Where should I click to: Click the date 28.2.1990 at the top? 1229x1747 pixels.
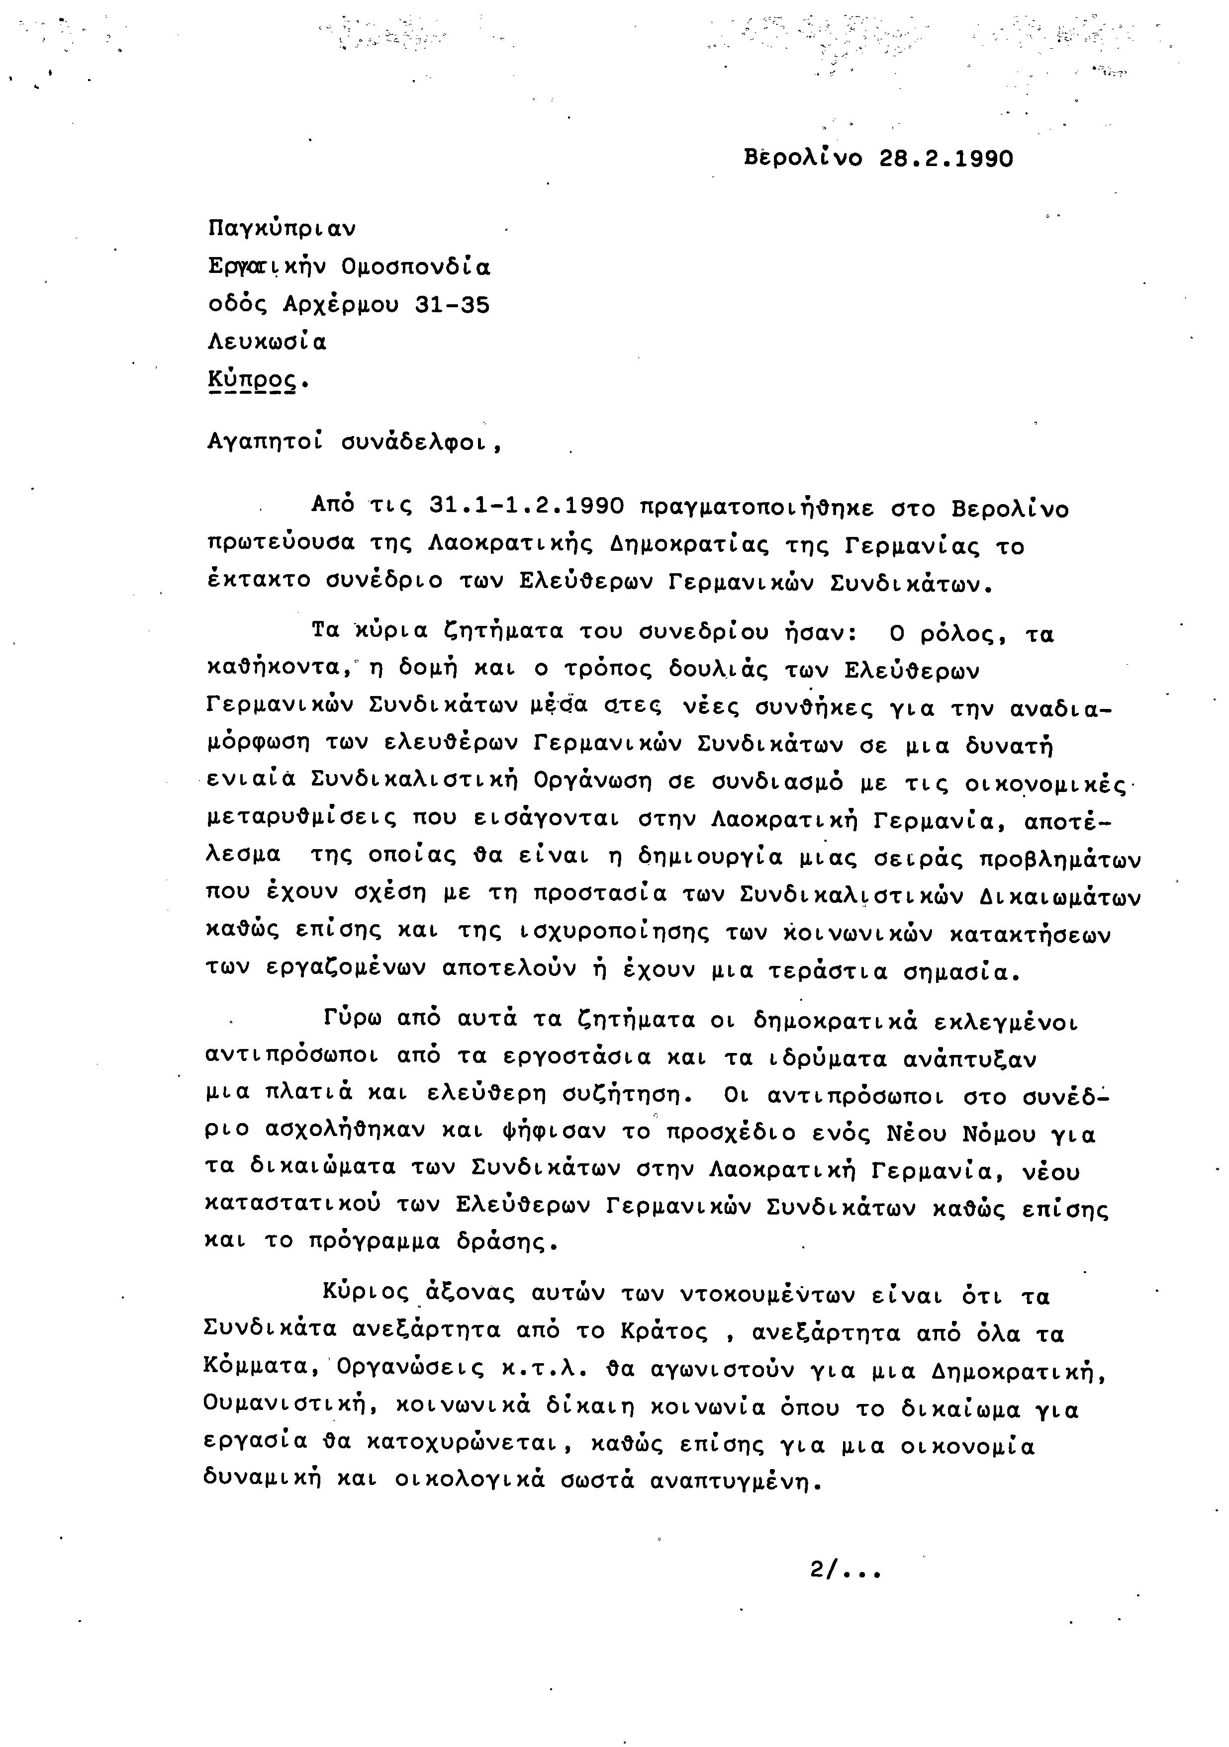point(946,159)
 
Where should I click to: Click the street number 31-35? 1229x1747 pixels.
point(453,305)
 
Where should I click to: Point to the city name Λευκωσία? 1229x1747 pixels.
point(267,343)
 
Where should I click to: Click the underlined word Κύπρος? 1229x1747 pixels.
point(252,380)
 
